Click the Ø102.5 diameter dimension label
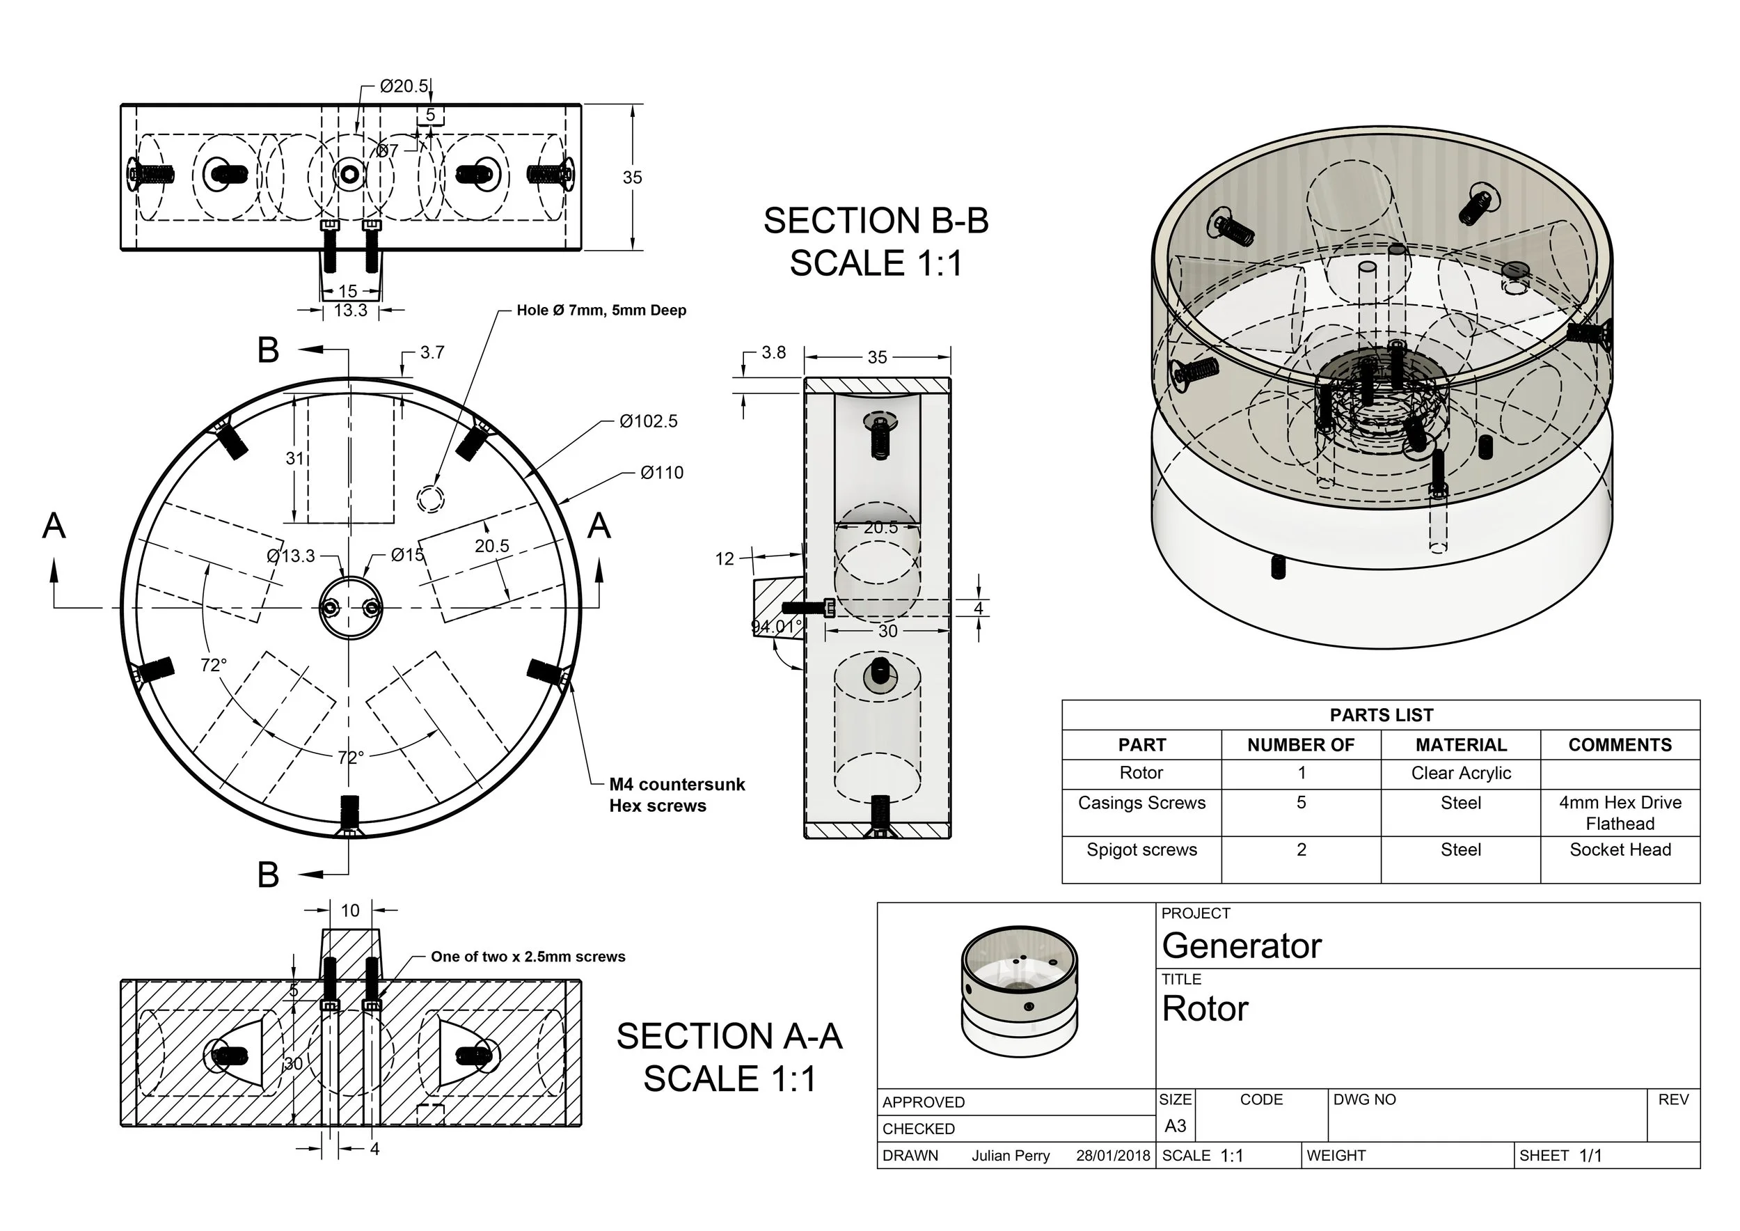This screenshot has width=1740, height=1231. (x=648, y=421)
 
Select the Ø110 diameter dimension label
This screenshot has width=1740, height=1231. (x=662, y=473)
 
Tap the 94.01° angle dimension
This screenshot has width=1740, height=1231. (x=775, y=627)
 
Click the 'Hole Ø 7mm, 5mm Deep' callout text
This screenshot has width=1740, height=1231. (x=601, y=310)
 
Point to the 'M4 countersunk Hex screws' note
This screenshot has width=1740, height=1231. (x=676, y=795)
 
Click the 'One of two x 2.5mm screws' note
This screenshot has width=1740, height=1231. (x=528, y=957)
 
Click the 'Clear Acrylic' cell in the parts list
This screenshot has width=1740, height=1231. (x=1460, y=773)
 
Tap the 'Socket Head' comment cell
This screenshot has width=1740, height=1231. (x=1620, y=849)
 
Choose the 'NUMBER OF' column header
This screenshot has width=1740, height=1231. (x=1300, y=745)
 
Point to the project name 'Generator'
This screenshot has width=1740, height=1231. (x=1242, y=946)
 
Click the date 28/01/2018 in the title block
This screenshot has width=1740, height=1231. (x=1112, y=1156)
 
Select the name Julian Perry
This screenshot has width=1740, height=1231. (x=1010, y=1156)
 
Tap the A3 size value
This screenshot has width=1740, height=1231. (x=1175, y=1127)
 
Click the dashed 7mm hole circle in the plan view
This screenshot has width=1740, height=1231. (x=430, y=499)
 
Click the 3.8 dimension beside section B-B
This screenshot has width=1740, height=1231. (x=773, y=352)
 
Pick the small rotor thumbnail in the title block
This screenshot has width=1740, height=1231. (x=1020, y=991)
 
